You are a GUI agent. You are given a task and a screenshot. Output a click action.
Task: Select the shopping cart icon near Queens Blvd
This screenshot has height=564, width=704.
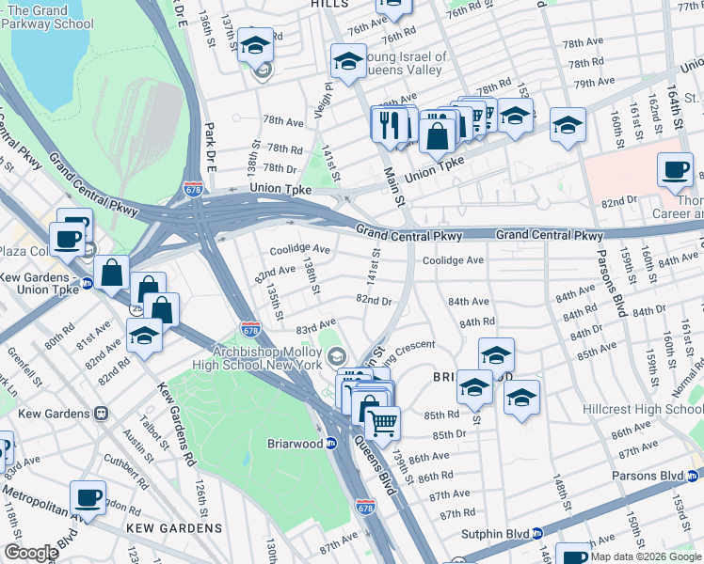coord(381,424)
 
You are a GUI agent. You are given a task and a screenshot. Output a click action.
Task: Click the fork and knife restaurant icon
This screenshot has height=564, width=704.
coord(390,123)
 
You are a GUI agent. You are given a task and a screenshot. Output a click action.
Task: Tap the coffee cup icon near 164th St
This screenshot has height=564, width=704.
coord(675,170)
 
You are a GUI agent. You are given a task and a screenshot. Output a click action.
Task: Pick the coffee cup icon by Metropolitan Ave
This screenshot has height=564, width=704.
coord(88,498)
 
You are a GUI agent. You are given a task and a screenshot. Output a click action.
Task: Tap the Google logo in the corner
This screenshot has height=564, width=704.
coord(31,553)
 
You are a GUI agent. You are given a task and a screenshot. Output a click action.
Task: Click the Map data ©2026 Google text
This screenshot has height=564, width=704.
coord(645,556)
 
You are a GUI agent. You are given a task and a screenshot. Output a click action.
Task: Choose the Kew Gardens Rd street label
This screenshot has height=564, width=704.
coord(175,437)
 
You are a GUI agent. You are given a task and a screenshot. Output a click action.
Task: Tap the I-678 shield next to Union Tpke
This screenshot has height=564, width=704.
coord(194,188)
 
